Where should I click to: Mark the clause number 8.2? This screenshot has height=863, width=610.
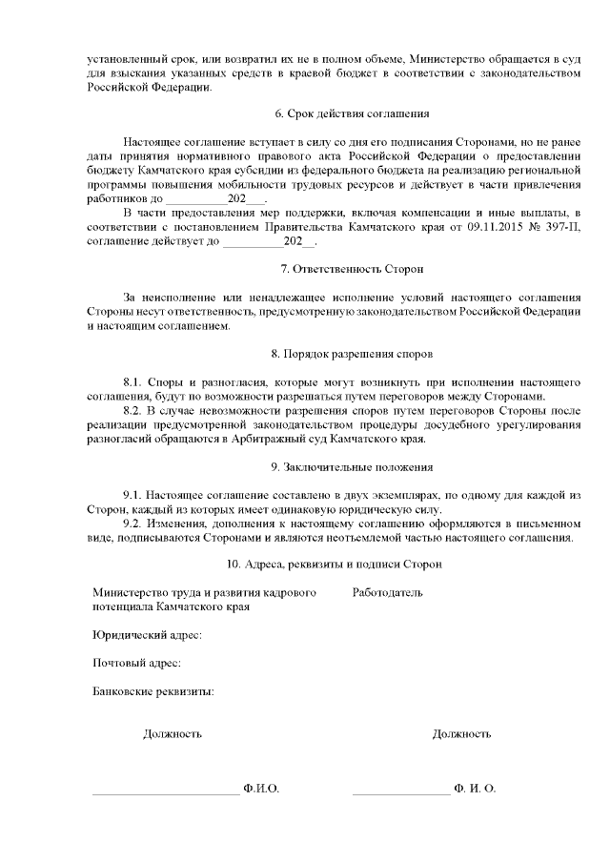click(134, 411)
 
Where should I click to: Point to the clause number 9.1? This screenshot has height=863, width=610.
click(134, 496)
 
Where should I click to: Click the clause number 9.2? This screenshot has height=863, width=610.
click(134, 524)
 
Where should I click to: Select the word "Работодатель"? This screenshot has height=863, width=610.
click(387, 593)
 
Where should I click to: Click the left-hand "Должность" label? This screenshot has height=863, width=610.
click(173, 734)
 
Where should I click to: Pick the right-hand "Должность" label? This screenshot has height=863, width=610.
click(461, 734)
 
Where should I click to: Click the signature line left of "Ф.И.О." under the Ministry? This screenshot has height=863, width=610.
click(165, 791)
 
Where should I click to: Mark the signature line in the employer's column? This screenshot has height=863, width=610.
click(400, 791)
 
